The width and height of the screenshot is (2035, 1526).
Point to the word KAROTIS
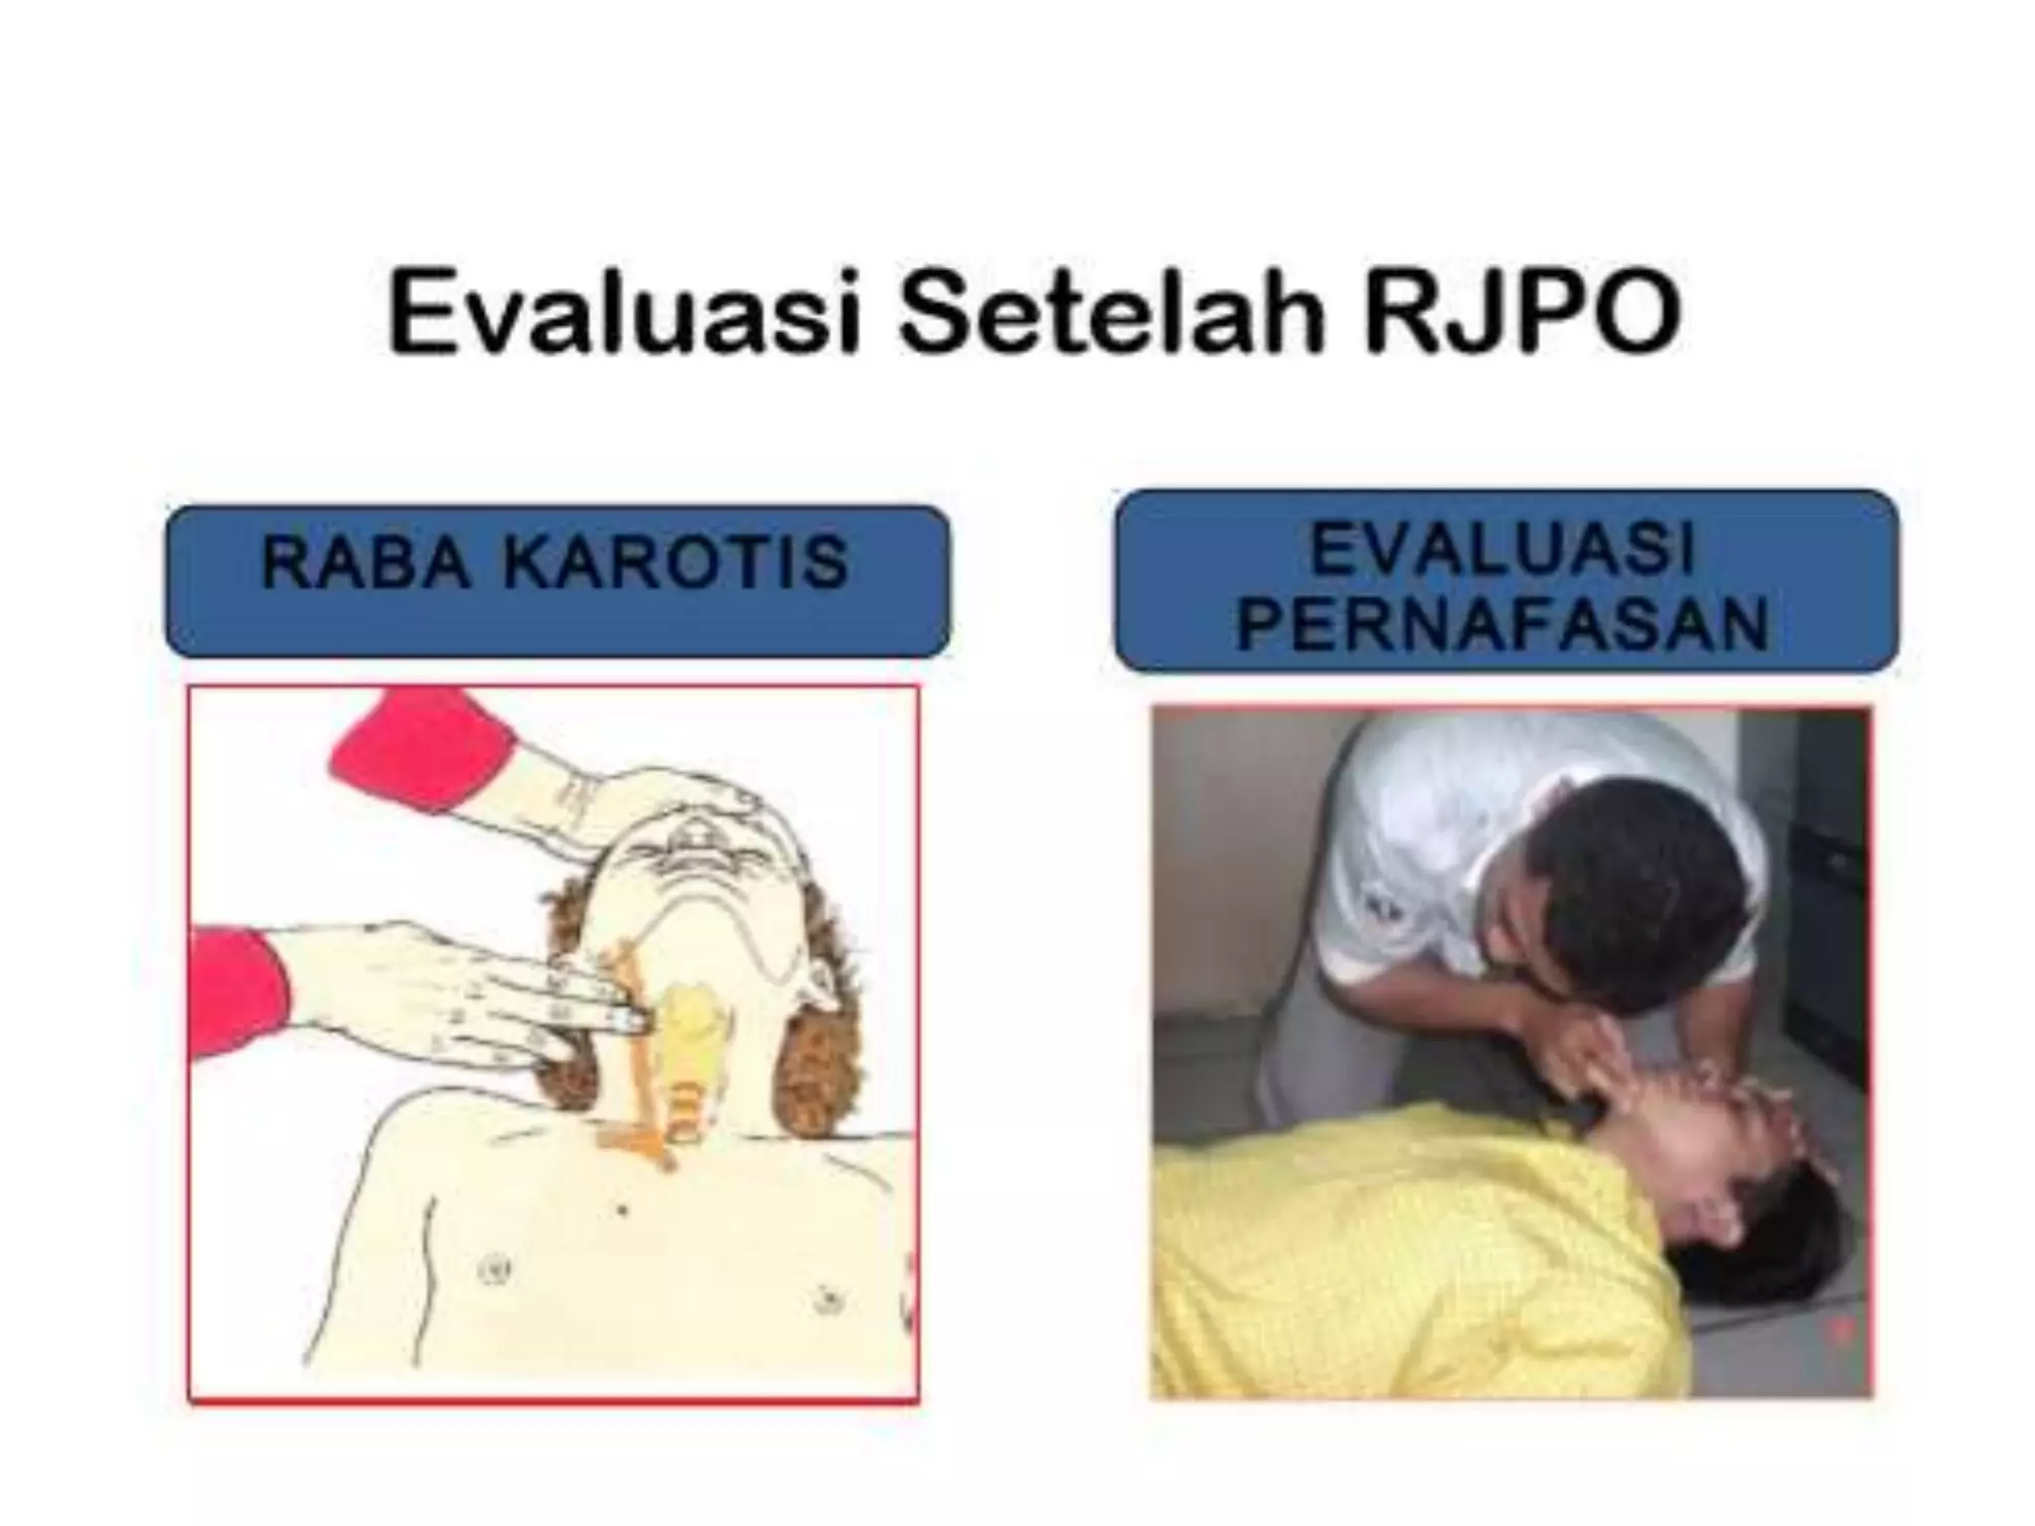click(x=676, y=562)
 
